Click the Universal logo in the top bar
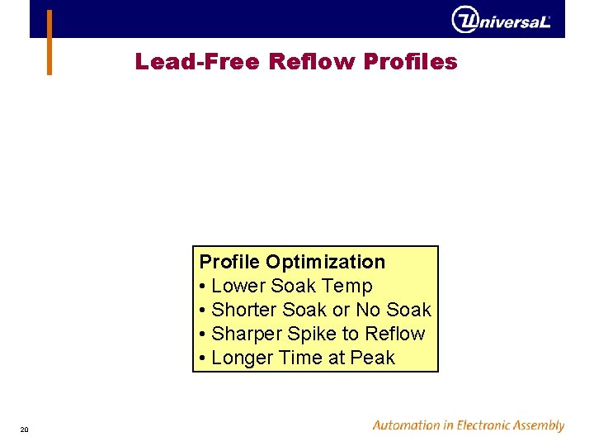point(501,20)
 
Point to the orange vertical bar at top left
point(49,42)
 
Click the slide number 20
point(25,429)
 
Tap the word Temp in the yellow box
point(351,286)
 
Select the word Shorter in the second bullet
point(244,310)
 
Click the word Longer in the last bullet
point(242,358)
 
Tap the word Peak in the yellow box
point(373,358)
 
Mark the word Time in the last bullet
point(299,358)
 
